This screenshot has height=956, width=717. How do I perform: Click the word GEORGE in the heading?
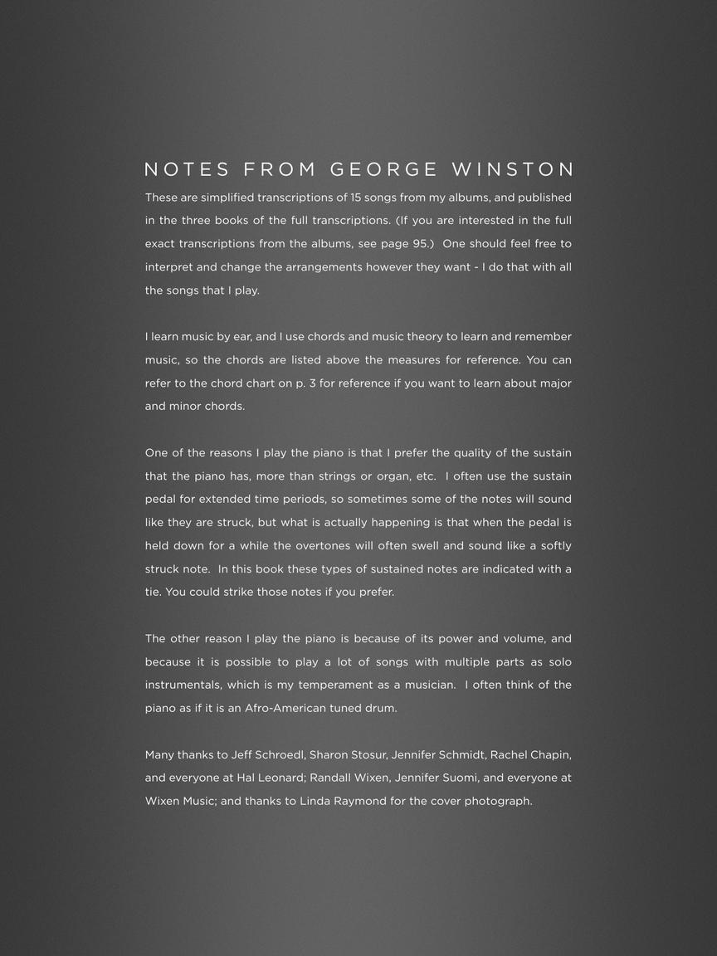[383, 170]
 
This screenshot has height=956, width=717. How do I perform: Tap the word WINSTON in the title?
[513, 170]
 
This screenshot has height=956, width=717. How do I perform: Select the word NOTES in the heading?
[188, 170]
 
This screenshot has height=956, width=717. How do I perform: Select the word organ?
[389, 476]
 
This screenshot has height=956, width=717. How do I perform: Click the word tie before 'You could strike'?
[153, 593]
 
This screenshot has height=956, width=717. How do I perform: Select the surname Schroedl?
[278, 755]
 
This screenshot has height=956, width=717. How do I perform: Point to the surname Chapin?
[550, 755]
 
